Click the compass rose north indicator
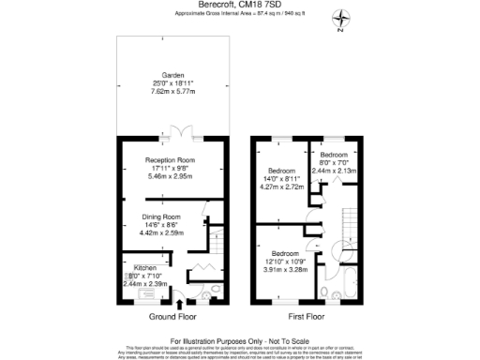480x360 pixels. (x=345, y=17)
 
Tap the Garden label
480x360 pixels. (x=173, y=75)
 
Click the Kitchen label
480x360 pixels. (x=132, y=267)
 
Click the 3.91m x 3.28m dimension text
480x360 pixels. (x=286, y=269)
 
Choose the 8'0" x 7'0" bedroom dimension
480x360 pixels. (x=335, y=164)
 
